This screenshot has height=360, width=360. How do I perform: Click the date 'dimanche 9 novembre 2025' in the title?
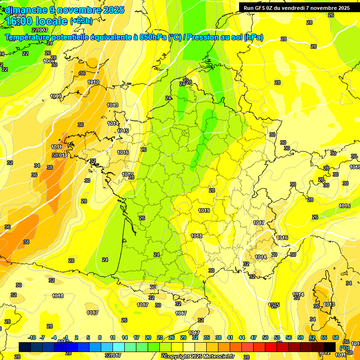click(x=64, y=10)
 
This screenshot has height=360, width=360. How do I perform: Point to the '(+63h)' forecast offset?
click(x=81, y=21)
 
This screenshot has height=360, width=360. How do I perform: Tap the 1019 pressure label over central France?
click(x=203, y=211)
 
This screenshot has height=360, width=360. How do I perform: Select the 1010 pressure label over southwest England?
click(x=93, y=82)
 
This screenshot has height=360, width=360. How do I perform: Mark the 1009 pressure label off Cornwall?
click(x=56, y=96)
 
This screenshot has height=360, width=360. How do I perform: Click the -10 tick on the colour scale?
click(x=32, y=337)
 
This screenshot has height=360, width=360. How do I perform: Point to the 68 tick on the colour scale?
click(x=336, y=337)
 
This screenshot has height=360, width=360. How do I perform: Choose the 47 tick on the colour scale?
click(x=254, y=337)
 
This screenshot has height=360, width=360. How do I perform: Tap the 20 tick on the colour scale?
click(x=148, y=337)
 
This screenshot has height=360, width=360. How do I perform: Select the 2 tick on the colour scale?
click(x=76, y=337)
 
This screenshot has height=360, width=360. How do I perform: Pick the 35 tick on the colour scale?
click(x=207, y=337)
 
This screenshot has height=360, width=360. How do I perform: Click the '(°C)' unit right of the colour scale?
click(x=344, y=348)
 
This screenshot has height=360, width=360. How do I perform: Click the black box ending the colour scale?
click(x=330, y=347)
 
